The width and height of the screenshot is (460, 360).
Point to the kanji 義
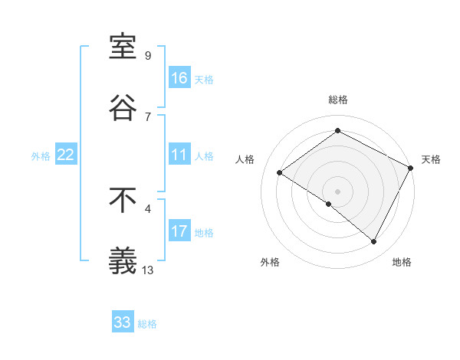click(x=123, y=261)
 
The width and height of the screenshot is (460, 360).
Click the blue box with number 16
click(x=179, y=78)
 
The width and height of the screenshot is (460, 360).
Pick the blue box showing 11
click(x=179, y=155)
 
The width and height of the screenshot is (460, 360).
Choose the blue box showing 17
click(x=179, y=231)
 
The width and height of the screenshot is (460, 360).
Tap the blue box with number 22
click(x=66, y=155)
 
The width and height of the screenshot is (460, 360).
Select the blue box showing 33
click(x=123, y=322)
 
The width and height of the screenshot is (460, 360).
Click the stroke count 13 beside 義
click(x=149, y=270)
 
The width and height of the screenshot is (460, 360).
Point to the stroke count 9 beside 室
click(x=148, y=55)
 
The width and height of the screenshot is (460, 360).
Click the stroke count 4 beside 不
click(x=148, y=208)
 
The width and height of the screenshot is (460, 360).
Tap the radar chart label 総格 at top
click(x=338, y=100)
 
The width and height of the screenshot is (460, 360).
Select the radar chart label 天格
click(x=431, y=159)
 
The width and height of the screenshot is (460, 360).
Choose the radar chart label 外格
click(x=270, y=262)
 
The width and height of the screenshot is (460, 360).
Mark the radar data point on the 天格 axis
click(x=411, y=168)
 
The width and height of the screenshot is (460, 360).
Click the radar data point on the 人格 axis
click(x=280, y=173)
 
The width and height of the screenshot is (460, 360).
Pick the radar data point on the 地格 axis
click(x=374, y=241)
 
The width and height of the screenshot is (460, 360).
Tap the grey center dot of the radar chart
click(x=337, y=191)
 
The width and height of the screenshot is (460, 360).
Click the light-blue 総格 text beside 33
click(x=147, y=324)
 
